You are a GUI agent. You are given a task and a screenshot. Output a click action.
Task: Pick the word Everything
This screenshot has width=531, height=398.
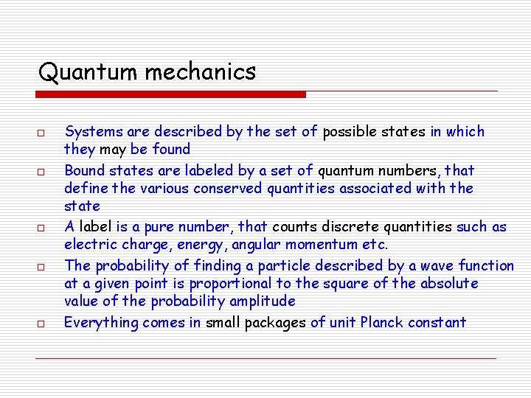click(x=101, y=322)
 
